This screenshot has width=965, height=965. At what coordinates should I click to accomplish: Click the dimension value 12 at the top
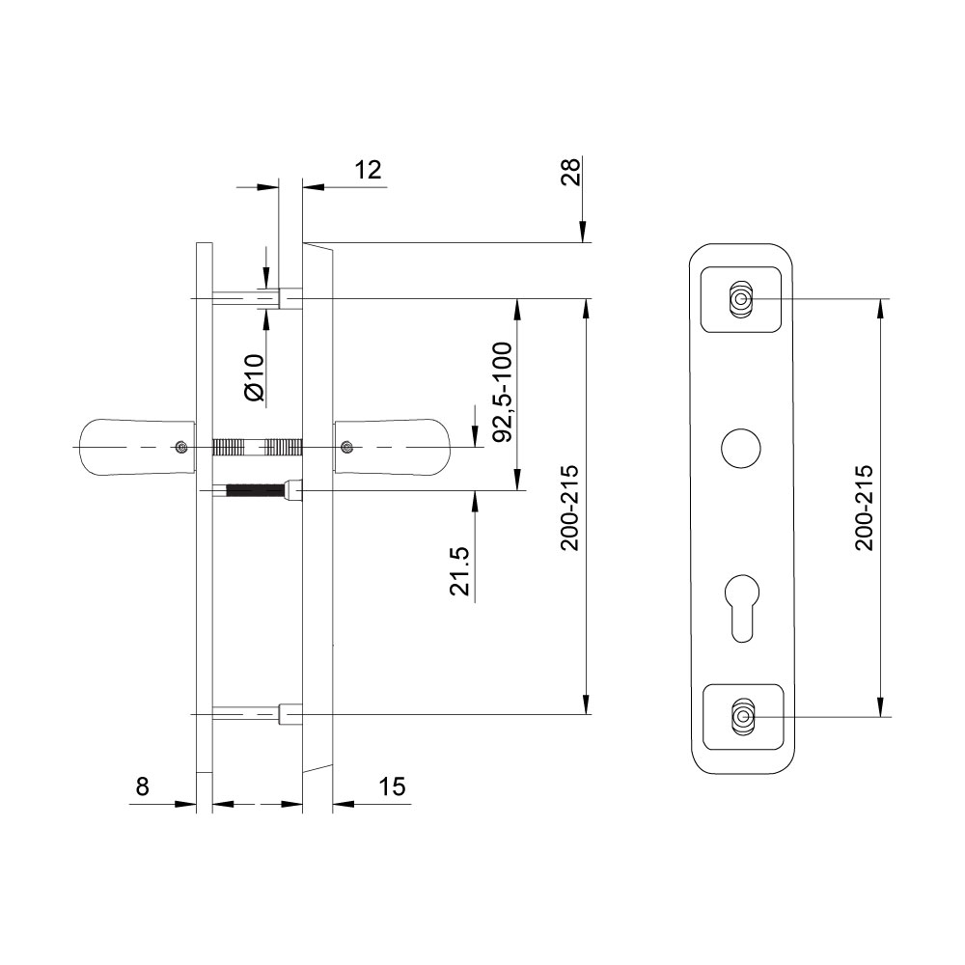click(368, 169)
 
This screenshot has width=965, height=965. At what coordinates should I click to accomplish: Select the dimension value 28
click(570, 172)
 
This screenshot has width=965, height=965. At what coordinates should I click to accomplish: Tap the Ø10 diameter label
click(254, 378)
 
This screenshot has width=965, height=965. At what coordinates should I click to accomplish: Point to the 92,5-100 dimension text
click(503, 392)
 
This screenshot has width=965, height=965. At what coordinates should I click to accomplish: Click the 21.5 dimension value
click(459, 571)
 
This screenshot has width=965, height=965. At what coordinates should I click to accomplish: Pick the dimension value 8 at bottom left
click(142, 786)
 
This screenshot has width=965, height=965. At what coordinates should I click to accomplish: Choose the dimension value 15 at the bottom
click(392, 786)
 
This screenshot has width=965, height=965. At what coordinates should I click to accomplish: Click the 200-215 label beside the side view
click(570, 508)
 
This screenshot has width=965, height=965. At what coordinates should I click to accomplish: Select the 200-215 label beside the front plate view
click(864, 508)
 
